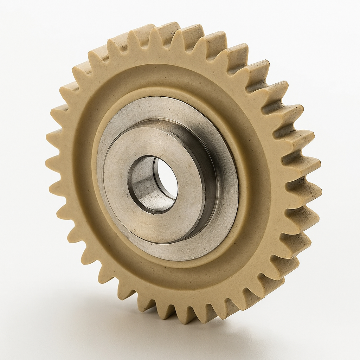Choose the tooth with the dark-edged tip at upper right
click(260, 67)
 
